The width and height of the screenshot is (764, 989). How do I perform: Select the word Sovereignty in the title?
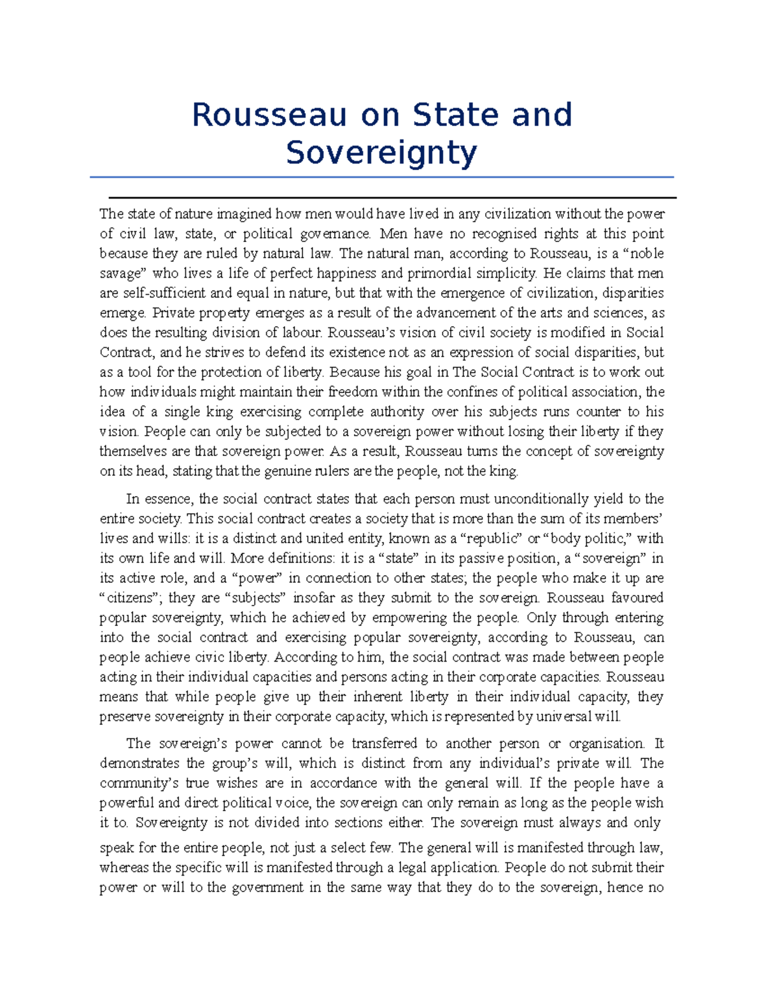[x=381, y=153]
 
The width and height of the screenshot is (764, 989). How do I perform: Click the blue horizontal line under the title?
[x=381, y=177]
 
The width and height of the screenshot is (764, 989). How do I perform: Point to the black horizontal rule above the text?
[x=392, y=198]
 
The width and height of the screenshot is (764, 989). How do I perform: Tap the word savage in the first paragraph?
[x=122, y=274]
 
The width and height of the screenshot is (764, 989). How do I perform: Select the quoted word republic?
[x=489, y=539]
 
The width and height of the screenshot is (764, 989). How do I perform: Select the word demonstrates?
[x=139, y=764]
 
